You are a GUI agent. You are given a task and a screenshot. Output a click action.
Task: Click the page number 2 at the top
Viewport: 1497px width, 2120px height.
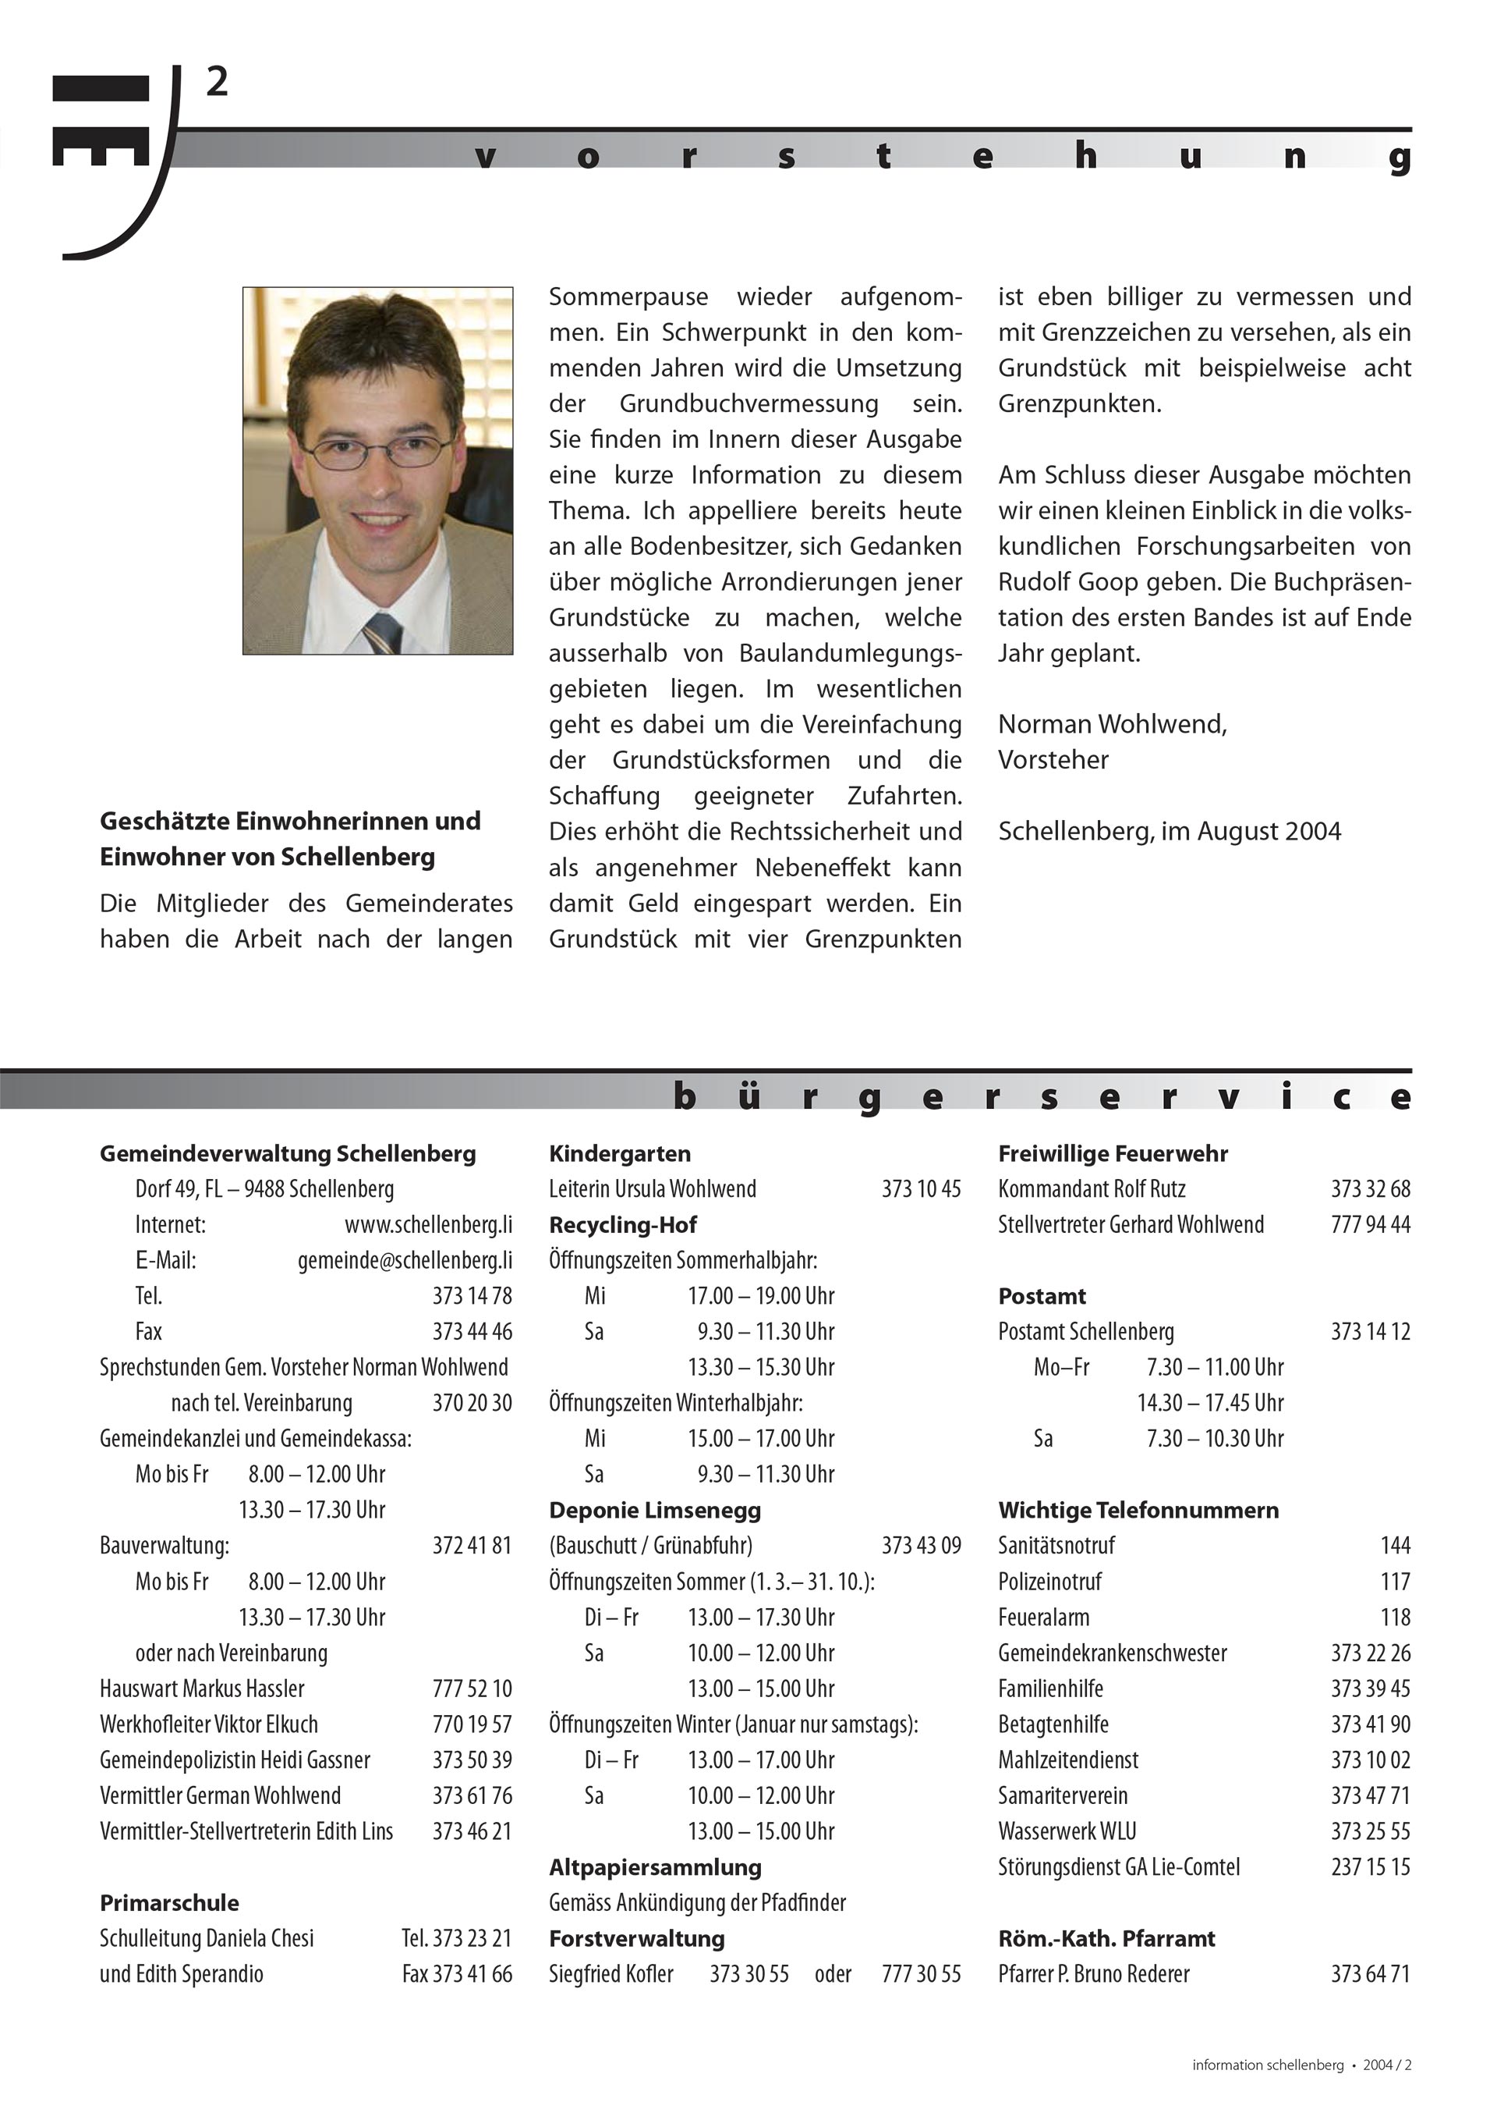(x=217, y=83)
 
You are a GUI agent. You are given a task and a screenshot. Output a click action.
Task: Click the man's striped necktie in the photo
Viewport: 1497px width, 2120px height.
(x=383, y=633)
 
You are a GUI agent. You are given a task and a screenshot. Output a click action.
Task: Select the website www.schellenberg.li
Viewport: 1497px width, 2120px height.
(x=428, y=1224)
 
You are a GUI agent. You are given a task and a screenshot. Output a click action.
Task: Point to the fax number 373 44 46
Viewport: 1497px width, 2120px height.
(x=472, y=1331)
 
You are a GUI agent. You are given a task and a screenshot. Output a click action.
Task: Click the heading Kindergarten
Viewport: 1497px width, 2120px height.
(x=619, y=1153)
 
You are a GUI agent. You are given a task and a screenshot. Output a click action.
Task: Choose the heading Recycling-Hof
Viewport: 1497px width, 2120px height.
(x=623, y=1224)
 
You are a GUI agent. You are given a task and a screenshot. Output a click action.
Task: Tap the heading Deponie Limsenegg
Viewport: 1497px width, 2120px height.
(x=654, y=1510)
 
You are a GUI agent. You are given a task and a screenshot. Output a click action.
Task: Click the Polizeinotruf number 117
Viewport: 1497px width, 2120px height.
(x=1395, y=1582)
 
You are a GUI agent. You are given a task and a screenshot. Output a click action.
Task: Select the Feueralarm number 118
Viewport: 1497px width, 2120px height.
(x=1395, y=1618)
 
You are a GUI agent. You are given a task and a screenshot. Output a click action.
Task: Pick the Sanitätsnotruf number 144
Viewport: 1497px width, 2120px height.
(x=1395, y=1546)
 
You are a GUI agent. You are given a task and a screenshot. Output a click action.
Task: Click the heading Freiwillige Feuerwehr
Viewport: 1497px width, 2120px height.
(x=1112, y=1153)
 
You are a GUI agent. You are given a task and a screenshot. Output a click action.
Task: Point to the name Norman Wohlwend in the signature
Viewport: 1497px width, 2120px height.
(x=1111, y=724)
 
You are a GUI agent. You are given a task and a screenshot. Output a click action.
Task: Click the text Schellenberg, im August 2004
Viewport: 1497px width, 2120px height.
(x=1169, y=831)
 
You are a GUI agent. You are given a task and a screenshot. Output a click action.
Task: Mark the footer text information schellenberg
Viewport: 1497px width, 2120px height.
(x=1267, y=2065)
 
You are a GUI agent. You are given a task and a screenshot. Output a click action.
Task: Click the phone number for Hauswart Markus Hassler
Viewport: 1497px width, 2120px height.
(x=472, y=1689)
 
